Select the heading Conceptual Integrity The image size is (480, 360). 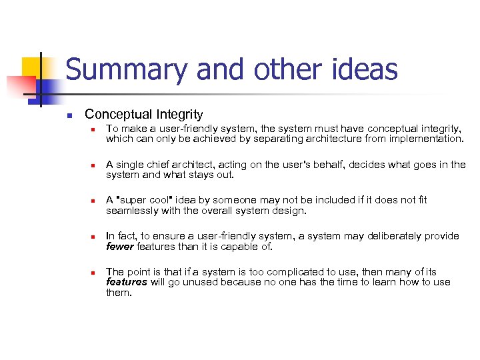[143, 115]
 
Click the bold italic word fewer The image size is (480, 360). [120, 247]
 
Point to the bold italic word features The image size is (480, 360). [127, 283]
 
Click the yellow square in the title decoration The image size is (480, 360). [32, 67]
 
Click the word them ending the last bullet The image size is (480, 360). [119, 293]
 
